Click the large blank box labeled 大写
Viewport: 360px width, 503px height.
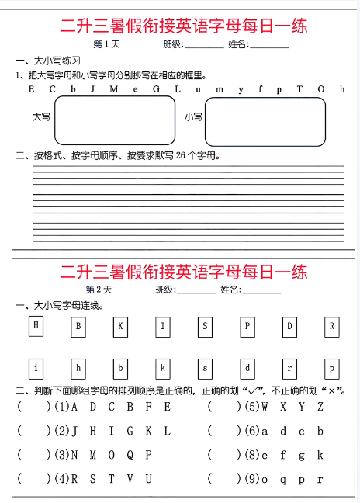tap(115, 121)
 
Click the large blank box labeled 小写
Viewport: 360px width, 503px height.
tap(265, 122)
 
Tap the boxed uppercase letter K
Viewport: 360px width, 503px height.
tap(120, 326)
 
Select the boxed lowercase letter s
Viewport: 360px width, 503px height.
tap(205, 367)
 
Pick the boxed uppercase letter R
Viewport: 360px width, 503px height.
tap(332, 326)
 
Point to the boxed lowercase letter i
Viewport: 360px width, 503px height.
tap(36, 367)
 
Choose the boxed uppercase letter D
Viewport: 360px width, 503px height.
tap(289, 326)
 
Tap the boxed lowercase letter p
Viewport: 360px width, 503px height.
tap(332, 367)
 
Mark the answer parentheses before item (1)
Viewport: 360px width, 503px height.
tap(33, 406)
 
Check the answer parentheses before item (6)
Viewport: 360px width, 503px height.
tap(223, 430)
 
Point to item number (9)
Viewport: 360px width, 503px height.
tap(251, 479)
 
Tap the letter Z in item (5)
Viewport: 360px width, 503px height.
tap(320, 406)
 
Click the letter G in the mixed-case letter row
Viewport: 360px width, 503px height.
tap(156, 88)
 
